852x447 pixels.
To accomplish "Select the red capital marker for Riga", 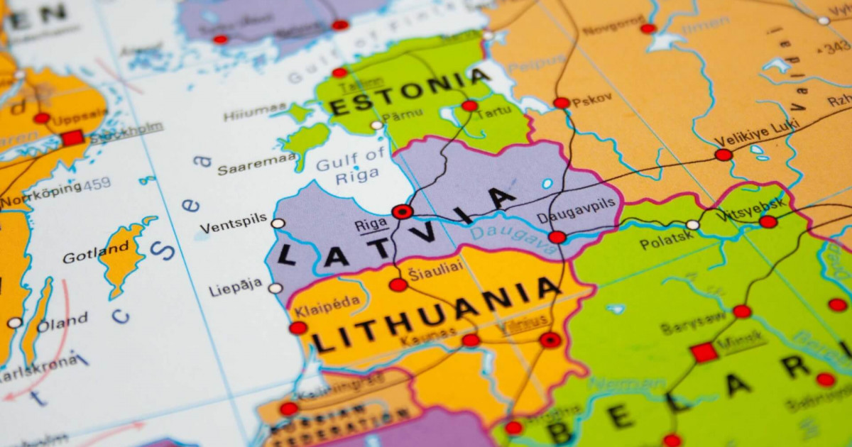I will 402,211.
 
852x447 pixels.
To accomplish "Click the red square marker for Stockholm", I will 72,138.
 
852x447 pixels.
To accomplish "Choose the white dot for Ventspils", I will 278,223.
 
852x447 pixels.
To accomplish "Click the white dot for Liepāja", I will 275,288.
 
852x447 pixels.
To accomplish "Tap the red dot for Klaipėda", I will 298,328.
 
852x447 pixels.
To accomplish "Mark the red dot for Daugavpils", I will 557,237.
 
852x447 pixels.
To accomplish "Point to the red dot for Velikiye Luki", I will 723,155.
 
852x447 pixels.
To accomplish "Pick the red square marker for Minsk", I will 704,352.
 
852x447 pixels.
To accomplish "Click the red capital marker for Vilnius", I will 550,340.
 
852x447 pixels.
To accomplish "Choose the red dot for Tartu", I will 469,106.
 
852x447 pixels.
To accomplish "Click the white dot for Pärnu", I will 376,126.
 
